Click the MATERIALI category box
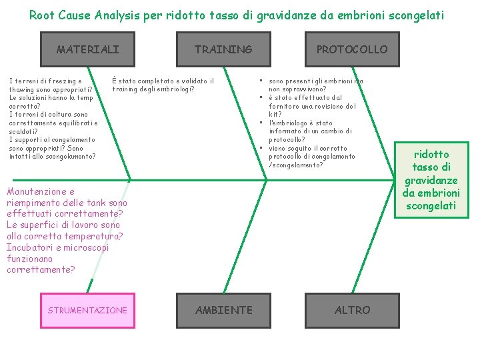(88, 49)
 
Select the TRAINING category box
(223, 49)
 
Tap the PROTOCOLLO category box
(351, 49)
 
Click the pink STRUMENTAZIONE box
(87, 310)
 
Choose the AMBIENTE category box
(223, 310)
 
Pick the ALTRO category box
(352, 310)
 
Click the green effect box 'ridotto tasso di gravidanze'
(431, 180)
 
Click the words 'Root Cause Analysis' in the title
(87, 15)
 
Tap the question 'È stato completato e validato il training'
(163, 85)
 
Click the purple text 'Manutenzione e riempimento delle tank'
(67, 197)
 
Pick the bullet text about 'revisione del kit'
(312, 106)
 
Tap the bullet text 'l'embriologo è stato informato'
(310, 131)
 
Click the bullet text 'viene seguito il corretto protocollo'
(311, 157)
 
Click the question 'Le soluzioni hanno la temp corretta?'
(51, 101)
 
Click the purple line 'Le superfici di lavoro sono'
(63, 225)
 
